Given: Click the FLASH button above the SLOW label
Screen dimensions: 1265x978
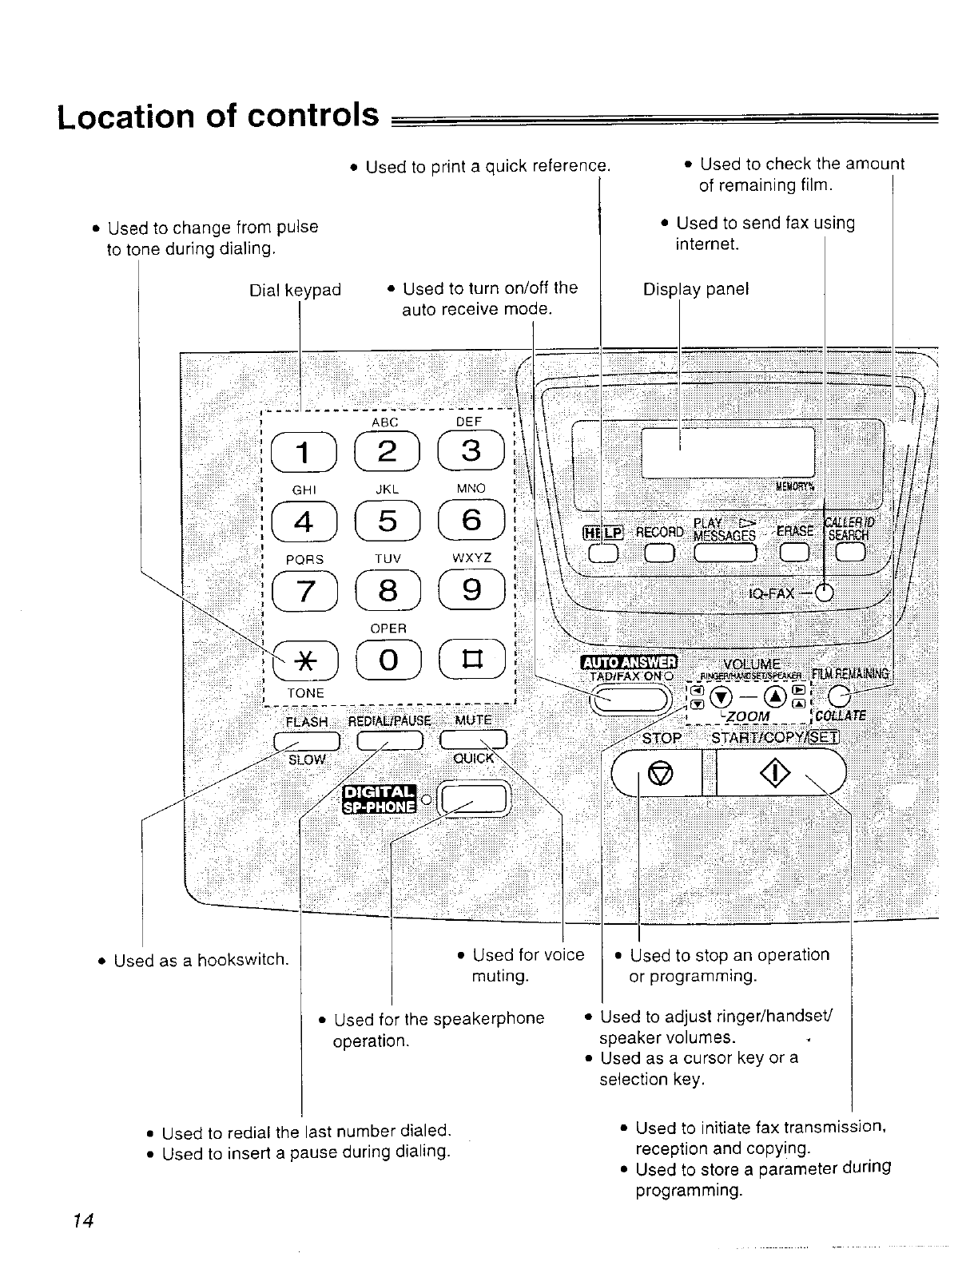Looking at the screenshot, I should click(308, 740).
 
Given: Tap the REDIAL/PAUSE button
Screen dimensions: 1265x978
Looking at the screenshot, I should click(389, 740).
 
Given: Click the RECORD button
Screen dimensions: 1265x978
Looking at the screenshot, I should click(659, 553).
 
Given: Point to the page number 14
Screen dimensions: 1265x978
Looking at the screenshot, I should click(82, 1220).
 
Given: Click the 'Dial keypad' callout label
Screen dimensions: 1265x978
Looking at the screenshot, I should click(295, 290).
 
